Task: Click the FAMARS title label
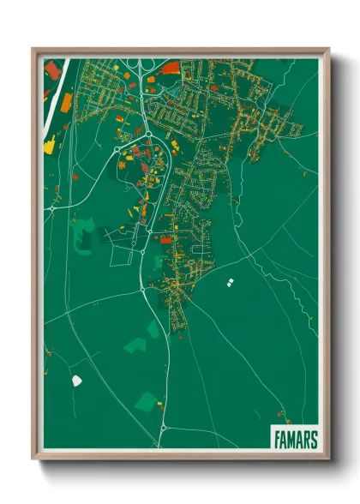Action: coord(296,440)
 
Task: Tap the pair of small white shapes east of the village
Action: coord(230,282)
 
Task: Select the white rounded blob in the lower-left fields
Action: coord(76,380)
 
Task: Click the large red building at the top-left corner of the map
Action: coord(53,69)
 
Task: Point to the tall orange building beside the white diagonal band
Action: coord(66,103)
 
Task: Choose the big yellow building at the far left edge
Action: coord(49,147)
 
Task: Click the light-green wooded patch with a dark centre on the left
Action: coord(85,230)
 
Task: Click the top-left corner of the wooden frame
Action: coord(33,49)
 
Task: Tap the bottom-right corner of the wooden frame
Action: coord(328,457)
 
